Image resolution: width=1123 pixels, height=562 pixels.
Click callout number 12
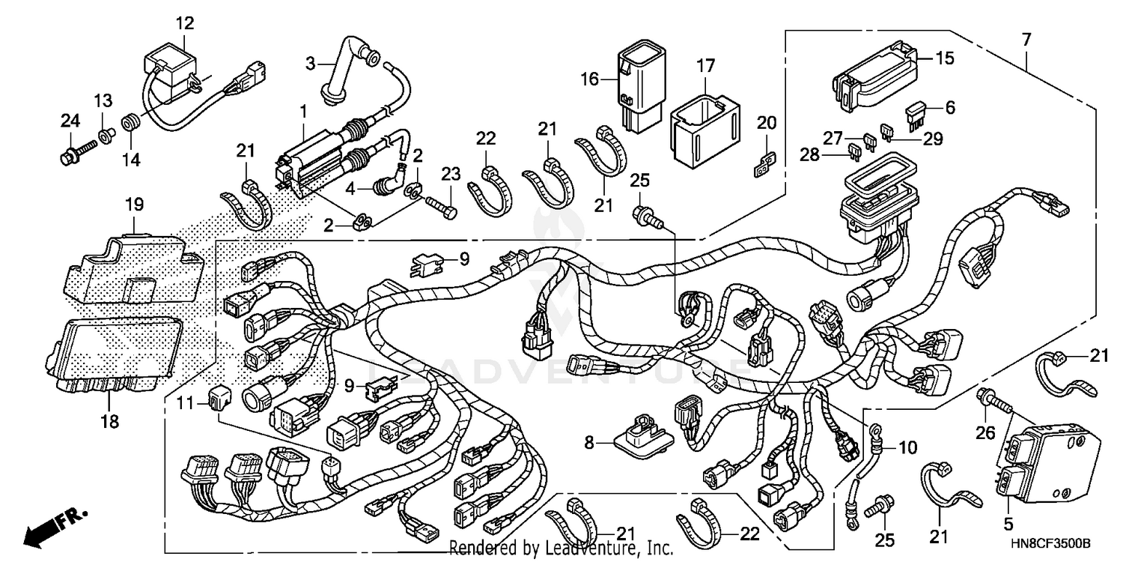click(x=184, y=23)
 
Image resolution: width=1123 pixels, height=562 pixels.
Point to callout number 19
click(x=134, y=204)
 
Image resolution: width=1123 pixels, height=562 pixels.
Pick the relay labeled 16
click(x=638, y=90)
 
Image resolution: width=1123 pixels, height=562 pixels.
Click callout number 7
click(x=1026, y=37)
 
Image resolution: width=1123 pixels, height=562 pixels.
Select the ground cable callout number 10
click(x=907, y=449)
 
